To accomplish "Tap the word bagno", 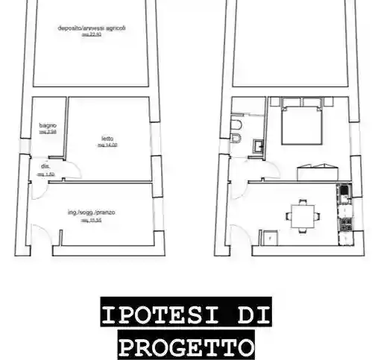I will [x=48, y=125].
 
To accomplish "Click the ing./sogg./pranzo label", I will [x=91, y=213].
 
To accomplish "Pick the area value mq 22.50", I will [x=92, y=35].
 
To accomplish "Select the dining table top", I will [x=301, y=217].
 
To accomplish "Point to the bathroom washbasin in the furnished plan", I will [x=257, y=146].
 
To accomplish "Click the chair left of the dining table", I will [x=286, y=217].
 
